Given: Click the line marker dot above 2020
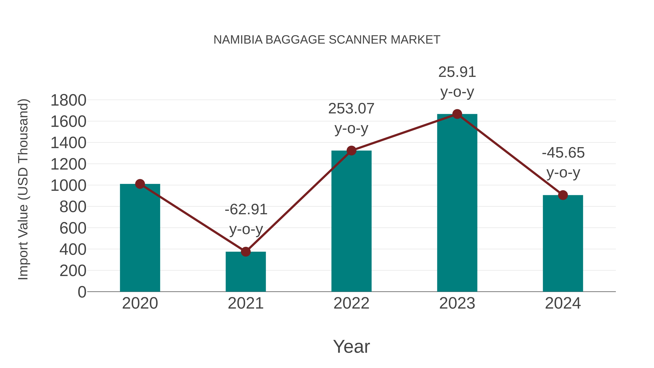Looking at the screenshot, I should pyautogui.click(x=140, y=184).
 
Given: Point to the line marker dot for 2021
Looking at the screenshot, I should pyautogui.click(x=245, y=252).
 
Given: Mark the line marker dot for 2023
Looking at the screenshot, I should pyautogui.click(x=457, y=114).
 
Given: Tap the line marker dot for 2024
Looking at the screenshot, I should pyautogui.click(x=563, y=195).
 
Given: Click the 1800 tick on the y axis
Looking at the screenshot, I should pyautogui.click(x=68, y=100).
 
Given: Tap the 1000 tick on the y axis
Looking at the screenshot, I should pyautogui.click(x=68, y=186).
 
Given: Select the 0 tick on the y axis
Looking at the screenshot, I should pyautogui.click(x=82, y=292).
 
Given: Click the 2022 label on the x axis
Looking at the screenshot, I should pyautogui.click(x=351, y=303).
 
